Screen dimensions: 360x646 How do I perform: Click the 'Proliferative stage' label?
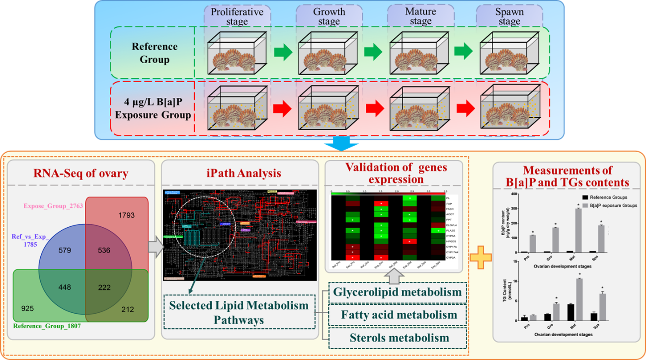point(237,16)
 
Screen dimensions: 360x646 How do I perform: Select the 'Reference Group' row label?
point(154,53)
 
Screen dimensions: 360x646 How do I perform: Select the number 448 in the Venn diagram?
point(65,287)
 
